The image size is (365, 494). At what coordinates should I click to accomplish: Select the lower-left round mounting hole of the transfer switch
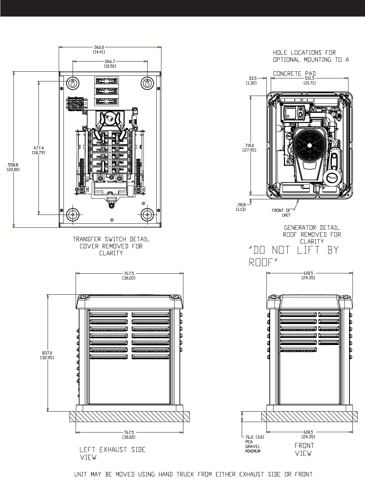[72, 215]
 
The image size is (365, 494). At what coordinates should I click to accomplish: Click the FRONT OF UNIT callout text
[282, 213]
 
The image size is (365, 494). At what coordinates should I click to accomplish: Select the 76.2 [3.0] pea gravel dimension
[255, 437]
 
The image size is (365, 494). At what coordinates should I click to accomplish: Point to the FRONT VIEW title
[304, 449]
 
